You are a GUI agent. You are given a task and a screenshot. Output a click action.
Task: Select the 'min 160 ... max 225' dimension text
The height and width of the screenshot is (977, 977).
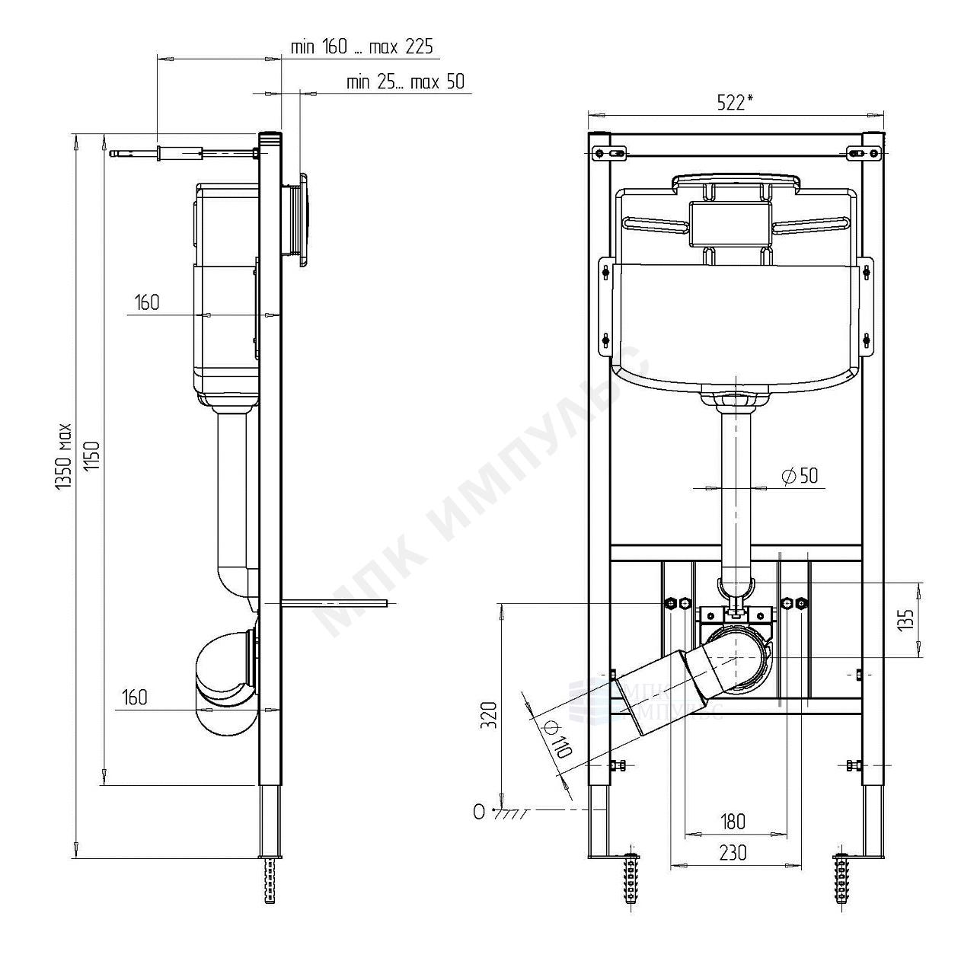362,47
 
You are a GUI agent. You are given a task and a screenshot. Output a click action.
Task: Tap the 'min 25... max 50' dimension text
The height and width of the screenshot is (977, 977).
406,81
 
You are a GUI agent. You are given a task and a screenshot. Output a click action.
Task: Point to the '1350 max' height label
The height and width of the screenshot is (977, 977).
63,457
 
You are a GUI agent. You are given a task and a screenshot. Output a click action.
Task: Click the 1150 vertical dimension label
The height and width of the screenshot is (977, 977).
92,457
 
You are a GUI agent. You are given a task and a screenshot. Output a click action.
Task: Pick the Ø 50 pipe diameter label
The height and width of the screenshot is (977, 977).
800,476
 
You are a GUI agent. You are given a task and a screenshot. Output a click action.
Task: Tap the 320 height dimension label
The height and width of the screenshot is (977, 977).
489,715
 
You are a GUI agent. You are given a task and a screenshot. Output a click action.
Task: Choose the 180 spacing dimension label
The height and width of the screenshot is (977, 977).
733,822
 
